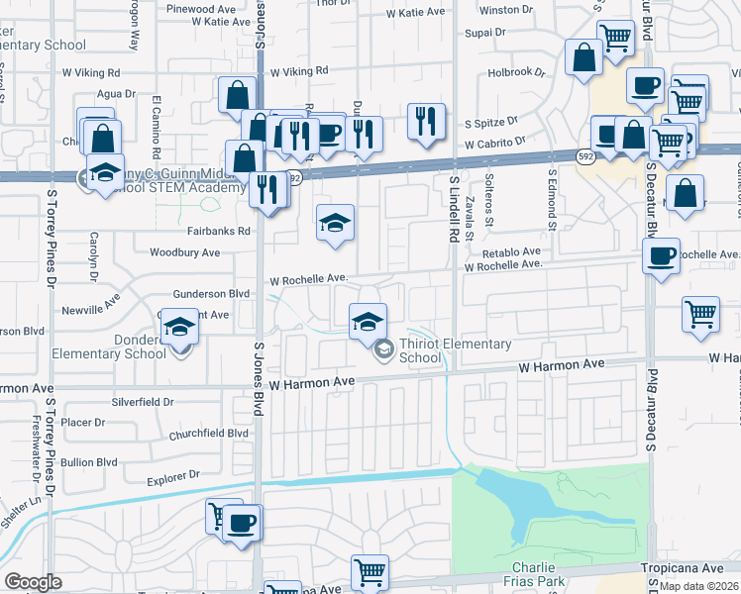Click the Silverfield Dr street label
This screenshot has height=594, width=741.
[x=144, y=402]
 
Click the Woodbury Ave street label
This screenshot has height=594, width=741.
[x=184, y=252]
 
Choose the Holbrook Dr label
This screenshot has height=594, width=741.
[x=516, y=72]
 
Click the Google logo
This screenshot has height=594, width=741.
[x=33, y=582]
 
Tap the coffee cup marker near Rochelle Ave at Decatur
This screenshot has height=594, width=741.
[x=661, y=255]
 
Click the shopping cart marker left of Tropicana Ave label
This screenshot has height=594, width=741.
[x=370, y=571]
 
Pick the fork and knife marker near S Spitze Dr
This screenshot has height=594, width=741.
[x=425, y=121]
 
